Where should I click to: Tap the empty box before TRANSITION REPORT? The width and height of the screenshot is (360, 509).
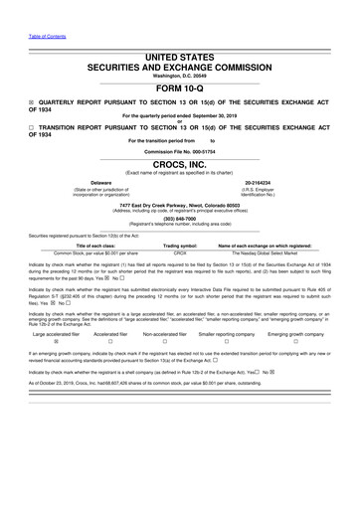click(31, 132)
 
